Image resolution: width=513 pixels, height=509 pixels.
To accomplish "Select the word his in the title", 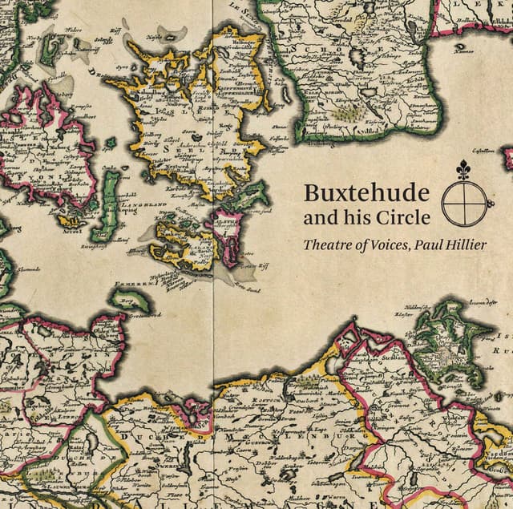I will (x=357, y=217).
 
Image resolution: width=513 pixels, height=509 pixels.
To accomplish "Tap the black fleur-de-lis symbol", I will (x=463, y=171).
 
